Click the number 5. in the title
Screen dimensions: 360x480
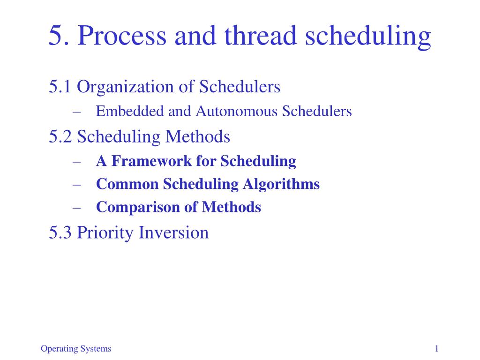(x=60, y=36)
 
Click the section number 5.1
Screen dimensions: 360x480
(x=60, y=87)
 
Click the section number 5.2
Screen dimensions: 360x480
(x=60, y=137)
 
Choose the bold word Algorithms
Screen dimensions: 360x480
(x=281, y=185)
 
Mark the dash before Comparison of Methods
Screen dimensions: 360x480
(x=77, y=207)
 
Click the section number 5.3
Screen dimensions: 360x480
(x=60, y=232)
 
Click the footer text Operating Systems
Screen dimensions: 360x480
(x=76, y=349)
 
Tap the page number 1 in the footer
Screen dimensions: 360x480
(x=436, y=348)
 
